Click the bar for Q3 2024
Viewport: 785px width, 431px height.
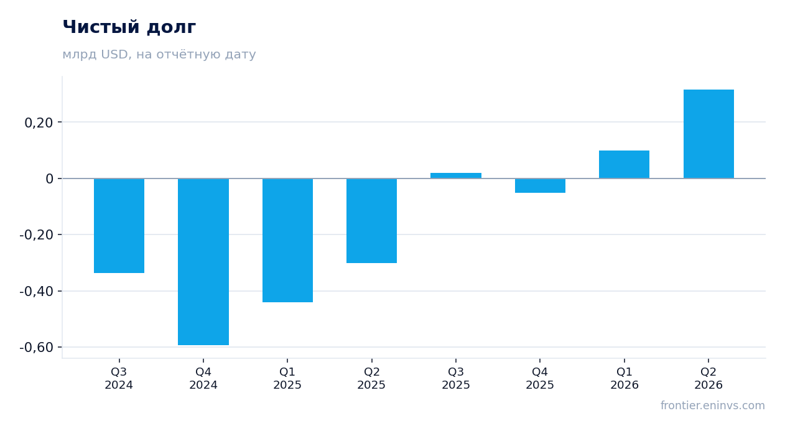pyautogui.click(x=119, y=226)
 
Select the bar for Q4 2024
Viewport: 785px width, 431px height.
pyautogui.click(x=203, y=262)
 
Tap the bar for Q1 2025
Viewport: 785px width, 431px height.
pyautogui.click(x=288, y=241)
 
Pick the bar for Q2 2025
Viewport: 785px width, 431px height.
pyautogui.click(x=372, y=221)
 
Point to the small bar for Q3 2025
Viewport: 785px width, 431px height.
pyautogui.click(x=456, y=175)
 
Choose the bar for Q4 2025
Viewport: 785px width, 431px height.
pyautogui.click(x=540, y=186)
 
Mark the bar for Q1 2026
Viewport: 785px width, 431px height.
pyautogui.click(x=624, y=164)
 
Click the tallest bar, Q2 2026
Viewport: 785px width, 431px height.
pyautogui.click(x=708, y=134)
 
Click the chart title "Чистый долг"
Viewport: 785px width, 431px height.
pyautogui.click(x=129, y=27)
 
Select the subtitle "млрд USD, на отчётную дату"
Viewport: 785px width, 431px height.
pyautogui.click(x=159, y=54)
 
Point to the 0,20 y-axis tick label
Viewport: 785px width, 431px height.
pyautogui.click(x=39, y=123)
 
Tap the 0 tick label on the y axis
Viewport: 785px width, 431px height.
pyautogui.click(x=49, y=178)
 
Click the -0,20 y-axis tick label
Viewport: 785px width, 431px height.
pyautogui.click(x=37, y=234)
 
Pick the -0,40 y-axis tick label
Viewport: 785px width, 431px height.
pyautogui.click(x=37, y=291)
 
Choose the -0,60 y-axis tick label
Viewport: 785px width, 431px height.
pyautogui.click(x=37, y=347)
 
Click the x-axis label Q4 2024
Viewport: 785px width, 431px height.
pyautogui.click(x=203, y=378)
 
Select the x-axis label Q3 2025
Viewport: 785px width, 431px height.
pyautogui.click(x=456, y=378)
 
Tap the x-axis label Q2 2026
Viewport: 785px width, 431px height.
pyautogui.click(x=708, y=378)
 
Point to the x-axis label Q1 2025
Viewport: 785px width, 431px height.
pyautogui.click(x=287, y=378)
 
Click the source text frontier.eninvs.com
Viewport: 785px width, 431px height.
pyautogui.click(x=713, y=406)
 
